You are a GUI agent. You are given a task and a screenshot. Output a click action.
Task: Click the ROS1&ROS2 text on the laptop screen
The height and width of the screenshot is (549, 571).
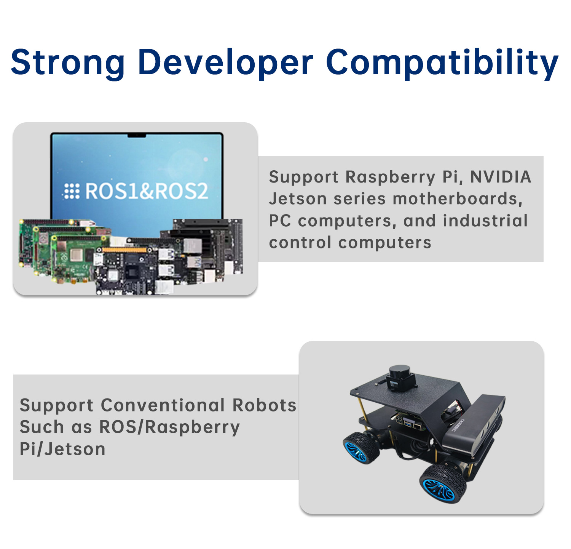click(147, 191)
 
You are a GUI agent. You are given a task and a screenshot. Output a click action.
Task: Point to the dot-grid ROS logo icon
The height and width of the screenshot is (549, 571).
click(72, 191)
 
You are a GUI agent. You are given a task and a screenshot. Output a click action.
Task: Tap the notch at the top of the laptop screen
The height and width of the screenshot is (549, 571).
click(137, 135)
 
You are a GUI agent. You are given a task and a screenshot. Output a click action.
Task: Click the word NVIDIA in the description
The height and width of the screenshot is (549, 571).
click(501, 177)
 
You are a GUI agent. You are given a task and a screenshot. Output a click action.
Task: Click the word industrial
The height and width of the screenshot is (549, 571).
click(485, 221)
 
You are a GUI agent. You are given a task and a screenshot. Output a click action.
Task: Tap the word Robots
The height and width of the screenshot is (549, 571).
click(264, 405)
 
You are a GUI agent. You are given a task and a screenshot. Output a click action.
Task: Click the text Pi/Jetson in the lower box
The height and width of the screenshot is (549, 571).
click(62, 449)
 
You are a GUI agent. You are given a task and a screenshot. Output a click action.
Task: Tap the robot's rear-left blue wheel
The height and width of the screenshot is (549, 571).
click(360, 447)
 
